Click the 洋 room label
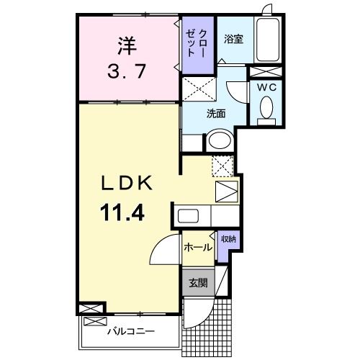(127, 45)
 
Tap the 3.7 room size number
(127, 72)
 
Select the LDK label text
(124, 184)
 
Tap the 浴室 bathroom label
(233, 40)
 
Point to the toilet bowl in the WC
(265, 109)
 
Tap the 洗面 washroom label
(216, 113)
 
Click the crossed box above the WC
(265, 72)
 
